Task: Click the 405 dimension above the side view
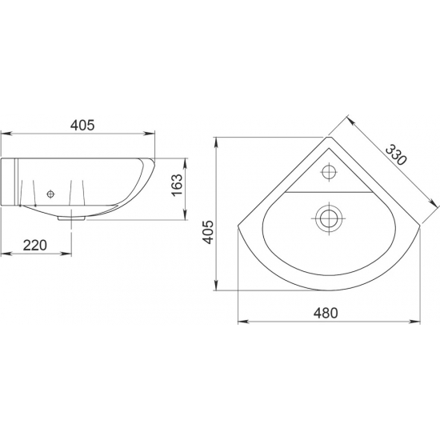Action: [x=82, y=125]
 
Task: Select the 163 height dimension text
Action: [x=178, y=186]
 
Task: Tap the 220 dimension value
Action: [x=34, y=246]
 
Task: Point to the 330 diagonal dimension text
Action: [x=396, y=154]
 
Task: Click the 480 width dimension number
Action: [x=326, y=313]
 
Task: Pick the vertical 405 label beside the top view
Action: [x=208, y=232]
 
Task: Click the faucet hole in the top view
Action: [x=329, y=171]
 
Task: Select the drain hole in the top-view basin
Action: [x=329, y=218]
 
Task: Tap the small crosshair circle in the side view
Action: [x=50, y=194]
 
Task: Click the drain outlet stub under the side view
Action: [x=72, y=218]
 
